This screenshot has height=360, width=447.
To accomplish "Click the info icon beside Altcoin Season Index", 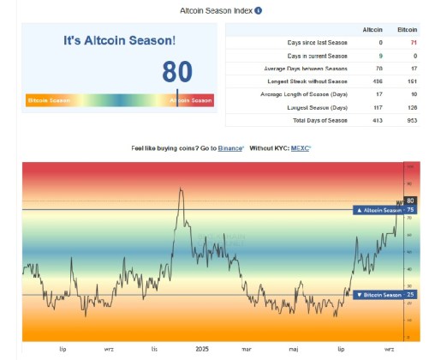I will (x=258, y=11).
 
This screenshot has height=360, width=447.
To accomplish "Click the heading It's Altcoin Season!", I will (x=120, y=40).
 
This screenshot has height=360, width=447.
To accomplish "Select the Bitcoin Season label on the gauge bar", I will (x=50, y=100).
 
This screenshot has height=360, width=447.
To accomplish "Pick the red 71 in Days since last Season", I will (x=414, y=42).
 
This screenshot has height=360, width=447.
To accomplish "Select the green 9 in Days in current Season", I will (x=379, y=55).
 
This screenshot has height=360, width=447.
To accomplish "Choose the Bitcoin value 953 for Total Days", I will (x=411, y=121).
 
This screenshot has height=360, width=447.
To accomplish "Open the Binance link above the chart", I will (x=229, y=148).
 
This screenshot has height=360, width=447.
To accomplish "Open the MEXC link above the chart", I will (x=300, y=148).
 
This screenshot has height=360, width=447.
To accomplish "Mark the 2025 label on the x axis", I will (x=201, y=350).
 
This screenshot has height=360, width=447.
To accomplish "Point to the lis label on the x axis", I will (x=154, y=350).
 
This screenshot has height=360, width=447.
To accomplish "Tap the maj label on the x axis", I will (x=294, y=350).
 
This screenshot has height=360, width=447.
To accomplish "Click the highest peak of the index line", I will (x=180, y=189).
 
